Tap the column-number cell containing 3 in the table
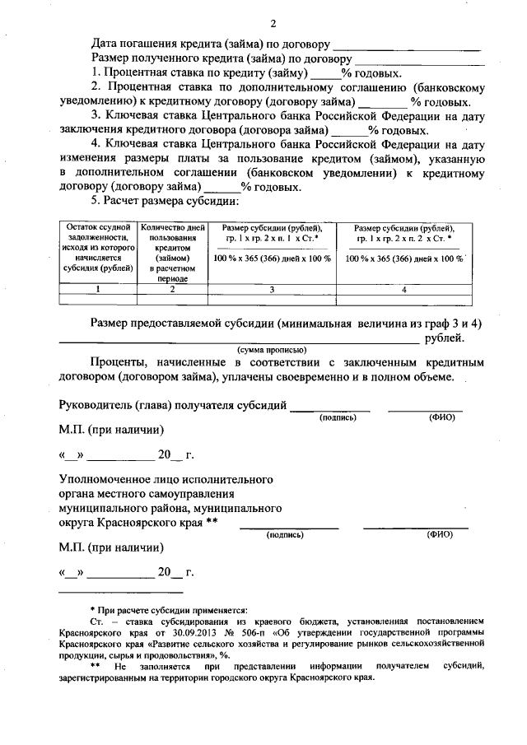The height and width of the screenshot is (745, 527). (272, 289)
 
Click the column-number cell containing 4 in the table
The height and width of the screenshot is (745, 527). (404, 289)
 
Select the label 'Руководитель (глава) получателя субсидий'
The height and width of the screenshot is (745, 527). (173, 405)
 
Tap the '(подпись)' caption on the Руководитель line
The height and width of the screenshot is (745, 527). (338, 418)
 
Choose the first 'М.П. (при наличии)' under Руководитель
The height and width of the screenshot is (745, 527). (111, 430)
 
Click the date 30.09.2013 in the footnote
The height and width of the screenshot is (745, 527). (192, 636)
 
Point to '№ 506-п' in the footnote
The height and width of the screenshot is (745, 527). (244, 636)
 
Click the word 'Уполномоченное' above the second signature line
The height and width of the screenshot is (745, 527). (108, 478)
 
